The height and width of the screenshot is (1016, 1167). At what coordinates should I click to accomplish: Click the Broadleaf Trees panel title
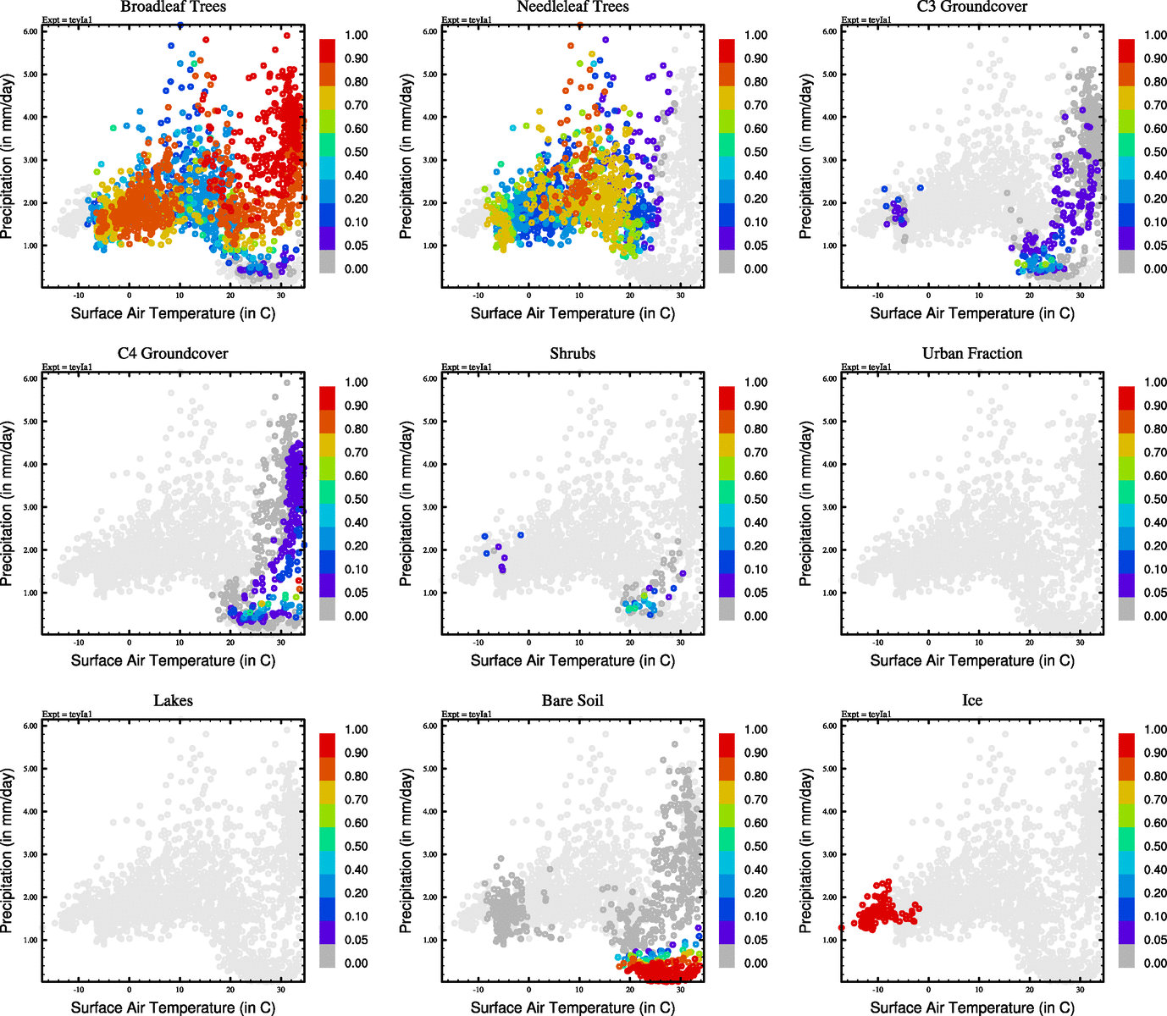click(x=173, y=7)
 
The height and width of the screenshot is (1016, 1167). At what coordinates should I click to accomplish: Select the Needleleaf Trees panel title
click(x=572, y=7)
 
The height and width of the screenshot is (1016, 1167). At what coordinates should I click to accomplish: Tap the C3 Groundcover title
click(x=972, y=7)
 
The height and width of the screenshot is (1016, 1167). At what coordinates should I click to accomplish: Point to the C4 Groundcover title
click(x=173, y=353)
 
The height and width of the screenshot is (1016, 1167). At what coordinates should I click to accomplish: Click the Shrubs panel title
click(x=572, y=353)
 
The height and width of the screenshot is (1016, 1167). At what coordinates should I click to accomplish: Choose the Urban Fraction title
click(x=972, y=353)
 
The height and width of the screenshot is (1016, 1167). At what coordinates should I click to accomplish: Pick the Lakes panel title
click(x=173, y=700)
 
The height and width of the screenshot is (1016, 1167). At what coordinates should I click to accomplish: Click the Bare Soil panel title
click(x=572, y=700)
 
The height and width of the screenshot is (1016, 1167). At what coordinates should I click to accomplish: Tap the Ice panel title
click(x=972, y=700)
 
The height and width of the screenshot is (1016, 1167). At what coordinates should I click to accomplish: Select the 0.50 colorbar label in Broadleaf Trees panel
click(x=356, y=152)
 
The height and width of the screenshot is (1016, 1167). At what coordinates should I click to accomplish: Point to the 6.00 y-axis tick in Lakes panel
click(x=30, y=726)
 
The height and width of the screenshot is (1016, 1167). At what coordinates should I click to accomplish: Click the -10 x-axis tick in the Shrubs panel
click(x=478, y=643)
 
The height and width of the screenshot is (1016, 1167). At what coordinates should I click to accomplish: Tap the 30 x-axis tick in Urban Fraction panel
click(x=1080, y=643)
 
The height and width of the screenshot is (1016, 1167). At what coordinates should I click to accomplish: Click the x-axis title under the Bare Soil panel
click(x=572, y=1008)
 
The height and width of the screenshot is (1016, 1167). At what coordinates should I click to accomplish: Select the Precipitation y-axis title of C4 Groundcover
click(x=8, y=505)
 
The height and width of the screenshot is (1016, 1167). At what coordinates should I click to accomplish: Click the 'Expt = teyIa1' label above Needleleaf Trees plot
click(x=467, y=20)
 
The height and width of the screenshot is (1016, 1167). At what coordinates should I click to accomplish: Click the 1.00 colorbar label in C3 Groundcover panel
click(x=1155, y=36)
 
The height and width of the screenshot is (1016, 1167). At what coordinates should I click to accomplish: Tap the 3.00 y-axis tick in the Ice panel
click(x=830, y=854)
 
